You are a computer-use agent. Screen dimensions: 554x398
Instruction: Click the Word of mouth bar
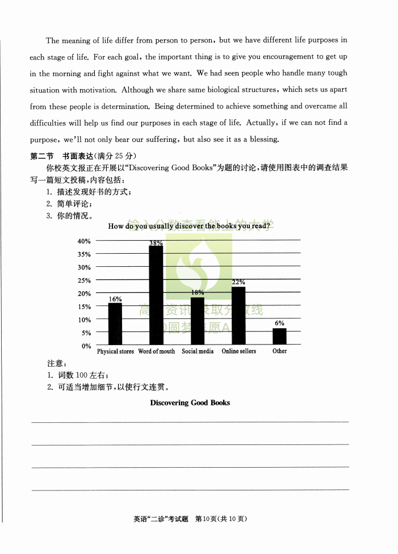[x=156, y=295]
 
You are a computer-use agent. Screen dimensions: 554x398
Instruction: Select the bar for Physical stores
[x=115, y=324]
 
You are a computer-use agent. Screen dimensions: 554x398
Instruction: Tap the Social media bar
[x=198, y=321]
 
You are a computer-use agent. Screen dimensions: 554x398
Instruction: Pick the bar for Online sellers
[x=238, y=316]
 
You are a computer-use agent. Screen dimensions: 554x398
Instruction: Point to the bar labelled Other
[x=279, y=336]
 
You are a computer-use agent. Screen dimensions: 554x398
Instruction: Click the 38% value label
[x=156, y=243]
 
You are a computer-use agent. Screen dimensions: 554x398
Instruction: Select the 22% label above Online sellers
[x=238, y=282]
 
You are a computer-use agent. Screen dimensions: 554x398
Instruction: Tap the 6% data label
[x=279, y=323]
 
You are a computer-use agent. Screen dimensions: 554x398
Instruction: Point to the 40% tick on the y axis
[x=84, y=241]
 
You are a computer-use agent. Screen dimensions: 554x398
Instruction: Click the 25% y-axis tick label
[x=84, y=280]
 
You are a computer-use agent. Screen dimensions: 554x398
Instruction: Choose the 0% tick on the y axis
[x=86, y=346]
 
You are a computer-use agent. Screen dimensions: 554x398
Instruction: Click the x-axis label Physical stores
[x=115, y=351]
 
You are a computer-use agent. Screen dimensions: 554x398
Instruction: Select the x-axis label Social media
[x=198, y=351]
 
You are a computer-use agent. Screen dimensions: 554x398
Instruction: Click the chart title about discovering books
[x=188, y=226]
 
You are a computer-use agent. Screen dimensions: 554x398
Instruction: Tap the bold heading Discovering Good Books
[x=190, y=402]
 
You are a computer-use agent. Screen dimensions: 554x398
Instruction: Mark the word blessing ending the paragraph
[x=264, y=139]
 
